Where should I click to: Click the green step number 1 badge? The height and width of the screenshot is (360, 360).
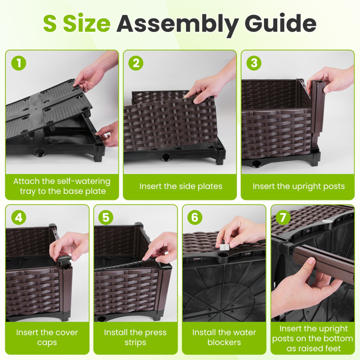pyautogui.click(x=19, y=63)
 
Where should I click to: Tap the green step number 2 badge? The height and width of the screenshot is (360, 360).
pyautogui.click(x=136, y=63)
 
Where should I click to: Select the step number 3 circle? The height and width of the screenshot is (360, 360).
pyautogui.click(x=254, y=63)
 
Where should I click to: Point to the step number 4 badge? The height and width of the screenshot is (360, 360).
pyautogui.click(x=19, y=217)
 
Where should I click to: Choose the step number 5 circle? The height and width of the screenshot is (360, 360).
pyautogui.click(x=106, y=217)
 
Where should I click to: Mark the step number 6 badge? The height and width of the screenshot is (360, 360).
pyautogui.click(x=194, y=217)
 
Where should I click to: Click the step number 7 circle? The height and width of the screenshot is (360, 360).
pyautogui.click(x=283, y=217)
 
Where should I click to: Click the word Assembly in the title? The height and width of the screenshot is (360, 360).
pyautogui.click(x=178, y=25)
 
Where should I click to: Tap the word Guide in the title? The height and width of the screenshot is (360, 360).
pyautogui.click(x=280, y=23)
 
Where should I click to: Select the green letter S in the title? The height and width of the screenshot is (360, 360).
pyautogui.click(x=50, y=23)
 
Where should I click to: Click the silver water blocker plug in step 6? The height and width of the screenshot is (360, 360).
pyautogui.click(x=224, y=247)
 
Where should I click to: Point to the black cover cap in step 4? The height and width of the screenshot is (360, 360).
pyautogui.click(x=64, y=259)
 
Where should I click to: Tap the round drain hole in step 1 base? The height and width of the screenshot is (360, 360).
pyautogui.click(x=40, y=152)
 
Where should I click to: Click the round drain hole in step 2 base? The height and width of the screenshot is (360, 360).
pyautogui.click(x=166, y=157)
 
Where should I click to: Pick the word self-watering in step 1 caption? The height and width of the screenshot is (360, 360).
pyautogui.click(x=83, y=181)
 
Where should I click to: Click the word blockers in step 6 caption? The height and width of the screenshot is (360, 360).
pyautogui.click(x=224, y=342)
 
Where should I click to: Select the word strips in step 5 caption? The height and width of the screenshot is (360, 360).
pyautogui.click(x=135, y=343)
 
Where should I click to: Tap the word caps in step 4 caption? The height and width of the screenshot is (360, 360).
pyautogui.click(x=47, y=343)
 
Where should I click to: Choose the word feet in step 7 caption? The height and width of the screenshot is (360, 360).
pyautogui.click(x=332, y=348)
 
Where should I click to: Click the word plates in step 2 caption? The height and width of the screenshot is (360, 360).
pyautogui.click(x=210, y=187)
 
